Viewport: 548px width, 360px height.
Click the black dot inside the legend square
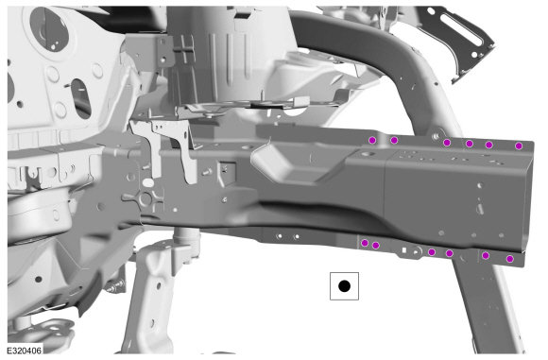[344, 286]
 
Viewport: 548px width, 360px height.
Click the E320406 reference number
[25, 351]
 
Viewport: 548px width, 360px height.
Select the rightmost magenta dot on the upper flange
[519, 146]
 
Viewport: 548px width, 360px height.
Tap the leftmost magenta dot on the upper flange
[372, 141]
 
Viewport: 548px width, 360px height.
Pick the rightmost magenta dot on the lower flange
[510, 259]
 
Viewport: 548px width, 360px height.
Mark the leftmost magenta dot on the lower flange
[365, 243]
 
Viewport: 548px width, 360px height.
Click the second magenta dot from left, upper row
[394, 141]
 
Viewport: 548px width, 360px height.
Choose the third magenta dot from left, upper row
[447, 143]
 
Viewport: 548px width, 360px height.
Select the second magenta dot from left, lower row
[376, 246]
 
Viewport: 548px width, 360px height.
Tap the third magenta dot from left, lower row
[432, 252]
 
